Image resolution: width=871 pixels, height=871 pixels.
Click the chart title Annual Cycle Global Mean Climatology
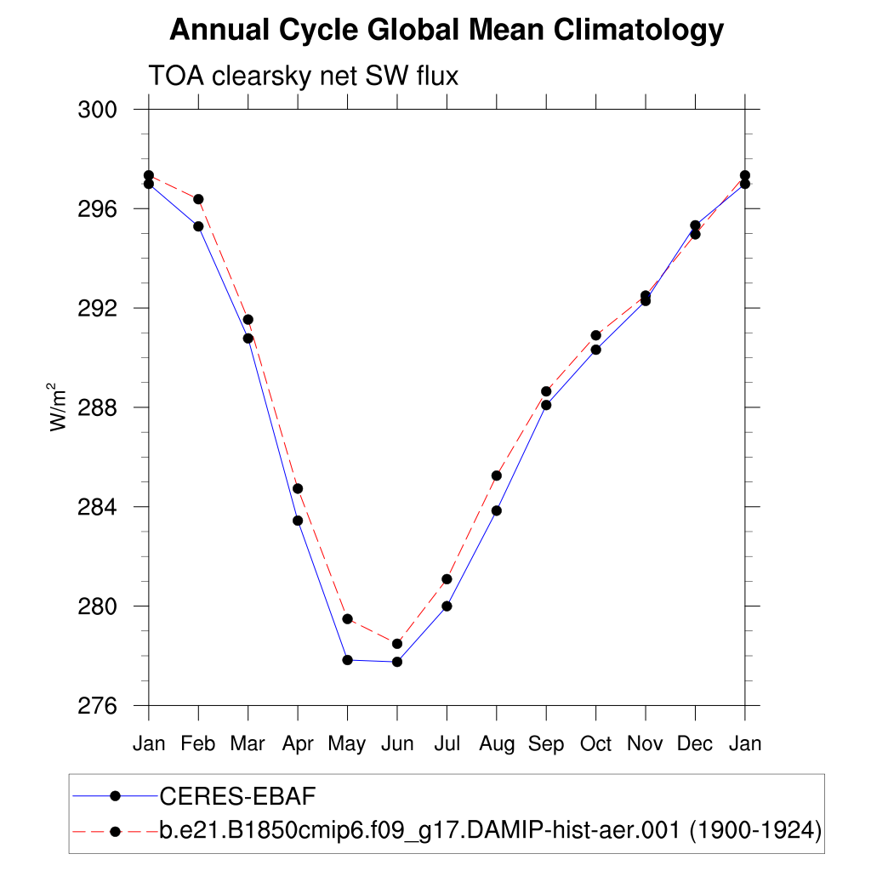[x=447, y=31]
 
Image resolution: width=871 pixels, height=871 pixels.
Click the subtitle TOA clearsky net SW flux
[x=304, y=77]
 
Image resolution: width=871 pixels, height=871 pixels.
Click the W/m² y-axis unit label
[x=59, y=407]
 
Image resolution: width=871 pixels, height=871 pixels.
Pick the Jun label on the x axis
[x=396, y=744]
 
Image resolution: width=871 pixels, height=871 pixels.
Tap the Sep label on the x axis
[x=546, y=744]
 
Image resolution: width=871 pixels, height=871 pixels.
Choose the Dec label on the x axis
[x=695, y=744]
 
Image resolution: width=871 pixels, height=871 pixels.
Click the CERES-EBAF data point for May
[x=347, y=660]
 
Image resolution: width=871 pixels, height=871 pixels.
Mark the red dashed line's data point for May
[x=347, y=618]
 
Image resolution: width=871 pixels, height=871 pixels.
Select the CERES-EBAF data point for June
[x=397, y=662]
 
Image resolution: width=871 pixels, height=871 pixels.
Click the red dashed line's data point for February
[x=198, y=199]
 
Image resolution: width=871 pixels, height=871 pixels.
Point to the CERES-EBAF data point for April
[x=298, y=521]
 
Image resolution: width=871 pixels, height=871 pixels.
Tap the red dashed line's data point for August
[x=497, y=475]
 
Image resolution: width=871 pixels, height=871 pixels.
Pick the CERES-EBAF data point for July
[x=447, y=606]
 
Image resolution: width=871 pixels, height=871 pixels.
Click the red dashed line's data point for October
[x=596, y=335]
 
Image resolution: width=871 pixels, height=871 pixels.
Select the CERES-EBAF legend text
[x=237, y=796]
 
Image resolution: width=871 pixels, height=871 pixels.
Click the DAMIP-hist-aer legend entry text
[x=490, y=829]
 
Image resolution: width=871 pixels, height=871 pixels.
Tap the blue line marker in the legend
[x=115, y=796]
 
